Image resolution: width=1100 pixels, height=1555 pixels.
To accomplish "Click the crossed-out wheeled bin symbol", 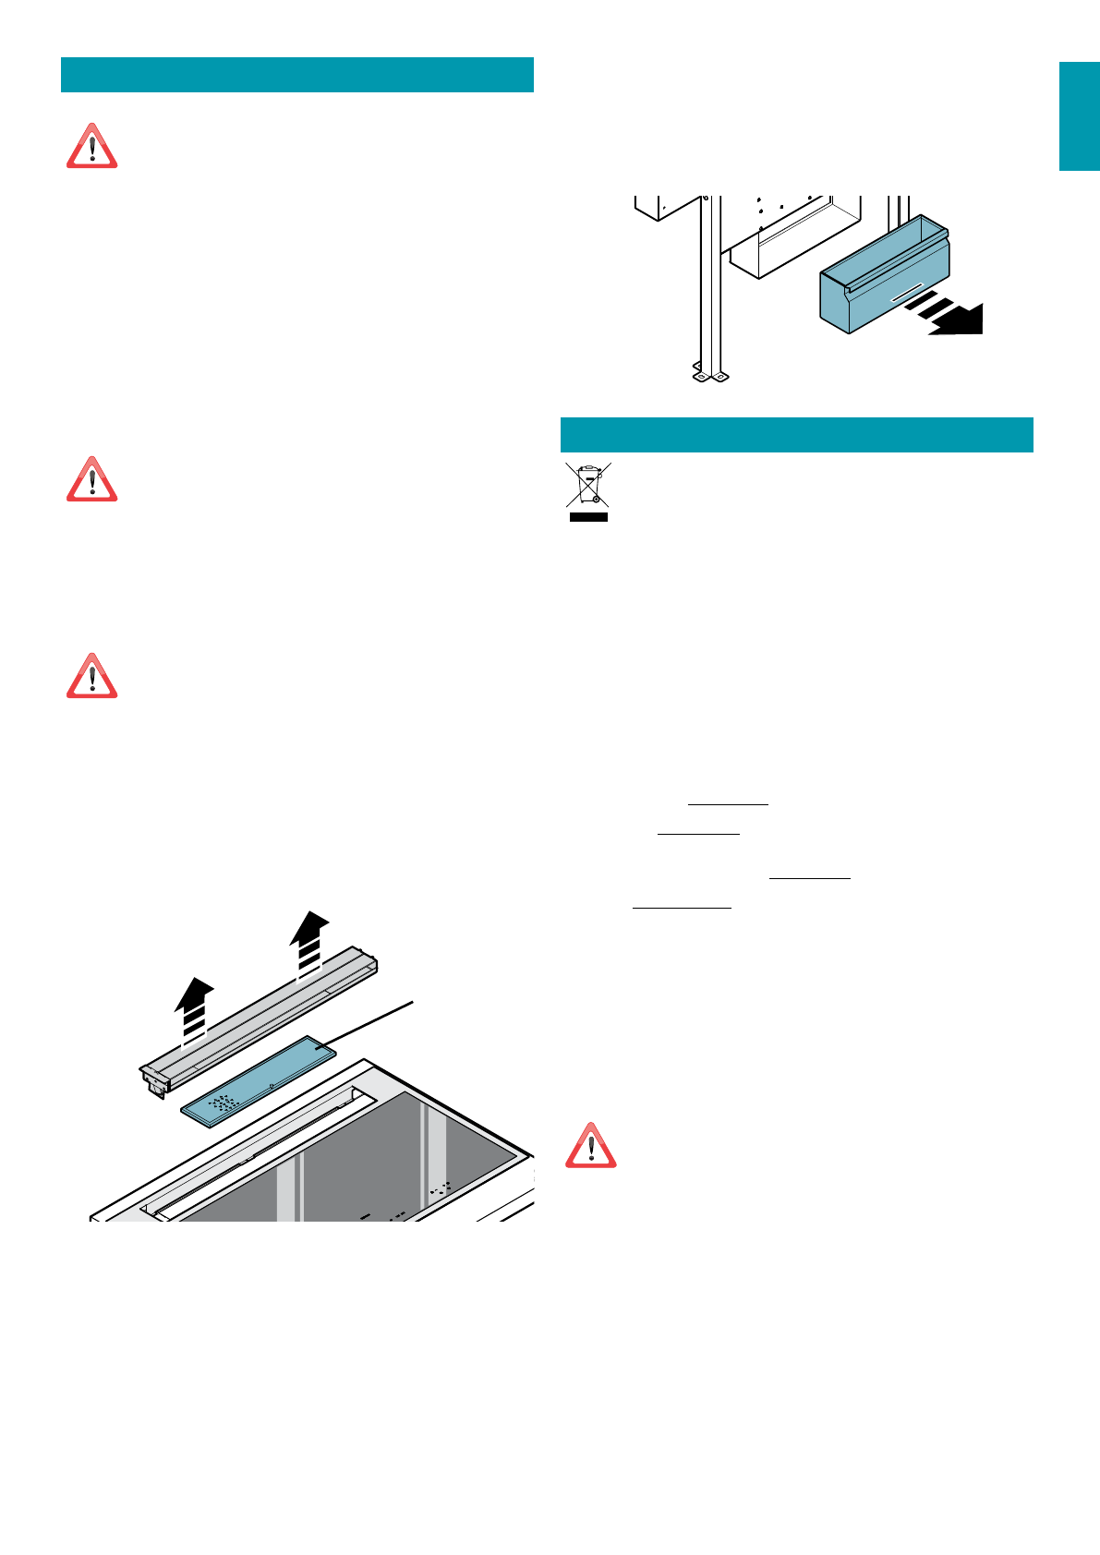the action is point(588,487).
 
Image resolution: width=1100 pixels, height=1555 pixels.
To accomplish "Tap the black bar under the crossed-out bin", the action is point(588,517).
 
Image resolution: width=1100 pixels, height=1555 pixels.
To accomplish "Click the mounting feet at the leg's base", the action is point(709,376).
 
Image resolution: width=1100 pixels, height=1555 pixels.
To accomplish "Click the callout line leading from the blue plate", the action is point(369,1024).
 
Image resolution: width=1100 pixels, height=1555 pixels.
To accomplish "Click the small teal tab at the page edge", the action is point(1079,116).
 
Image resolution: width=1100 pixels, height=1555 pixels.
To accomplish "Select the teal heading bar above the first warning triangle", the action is point(296,75).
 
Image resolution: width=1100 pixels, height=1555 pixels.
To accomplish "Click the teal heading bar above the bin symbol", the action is point(796,434).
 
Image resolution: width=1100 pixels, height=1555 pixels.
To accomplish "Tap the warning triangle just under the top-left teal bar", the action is point(91,148).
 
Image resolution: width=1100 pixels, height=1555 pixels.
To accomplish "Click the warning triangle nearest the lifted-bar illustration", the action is point(91,677).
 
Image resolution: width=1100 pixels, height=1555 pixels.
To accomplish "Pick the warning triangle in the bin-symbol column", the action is point(590,1147).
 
